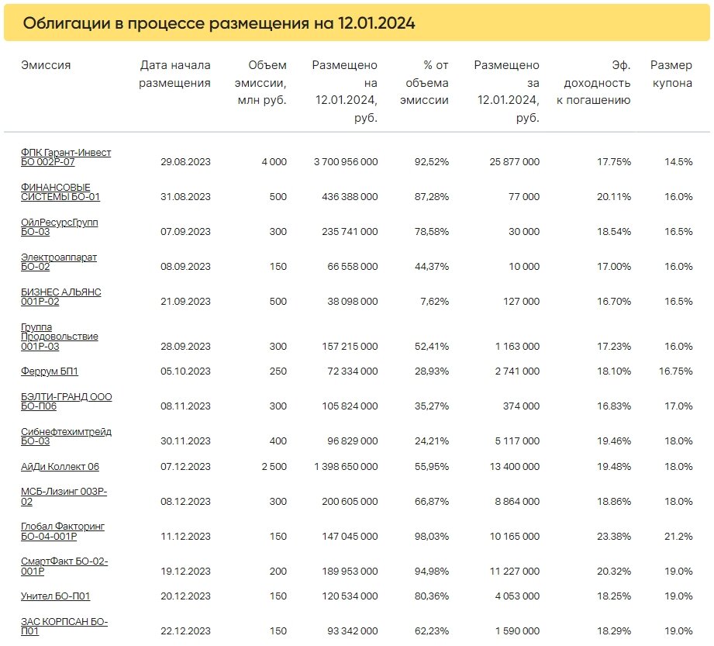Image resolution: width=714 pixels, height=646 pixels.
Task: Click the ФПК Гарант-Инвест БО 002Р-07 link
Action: click(x=66, y=157)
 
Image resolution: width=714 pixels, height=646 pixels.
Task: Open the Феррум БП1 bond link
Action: click(x=50, y=371)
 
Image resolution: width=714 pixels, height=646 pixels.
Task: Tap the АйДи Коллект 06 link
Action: click(x=60, y=467)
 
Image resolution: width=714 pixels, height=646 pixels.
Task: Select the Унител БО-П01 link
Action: click(x=56, y=596)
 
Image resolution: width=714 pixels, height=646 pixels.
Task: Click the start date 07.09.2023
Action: click(x=185, y=231)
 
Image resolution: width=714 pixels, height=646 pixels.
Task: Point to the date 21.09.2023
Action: click(x=185, y=301)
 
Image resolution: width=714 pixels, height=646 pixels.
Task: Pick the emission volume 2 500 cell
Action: click(x=274, y=467)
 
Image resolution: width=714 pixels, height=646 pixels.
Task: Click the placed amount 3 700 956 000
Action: click(x=346, y=162)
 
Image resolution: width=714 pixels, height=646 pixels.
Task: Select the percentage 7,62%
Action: click(x=434, y=301)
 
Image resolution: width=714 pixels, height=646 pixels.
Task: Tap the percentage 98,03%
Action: click(x=432, y=536)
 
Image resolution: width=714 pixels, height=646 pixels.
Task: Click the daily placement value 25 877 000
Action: click(x=515, y=162)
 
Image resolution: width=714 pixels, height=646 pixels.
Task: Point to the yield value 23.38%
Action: click(x=614, y=536)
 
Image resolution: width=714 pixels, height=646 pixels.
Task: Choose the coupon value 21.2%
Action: click(x=678, y=536)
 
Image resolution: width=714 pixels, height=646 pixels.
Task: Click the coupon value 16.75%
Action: click(x=676, y=371)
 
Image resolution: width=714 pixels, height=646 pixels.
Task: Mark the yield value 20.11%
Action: click(x=614, y=197)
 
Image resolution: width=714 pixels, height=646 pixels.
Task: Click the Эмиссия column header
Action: click(x=46, y=65)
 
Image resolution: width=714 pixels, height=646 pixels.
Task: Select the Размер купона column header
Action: click(x=671, y=74)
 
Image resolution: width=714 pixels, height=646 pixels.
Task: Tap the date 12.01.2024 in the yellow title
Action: click(x=376, y=23)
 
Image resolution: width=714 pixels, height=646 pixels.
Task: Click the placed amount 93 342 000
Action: click(x=353, y=631)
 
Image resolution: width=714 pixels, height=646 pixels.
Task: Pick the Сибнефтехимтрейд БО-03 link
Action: click(x=66, y=437)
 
